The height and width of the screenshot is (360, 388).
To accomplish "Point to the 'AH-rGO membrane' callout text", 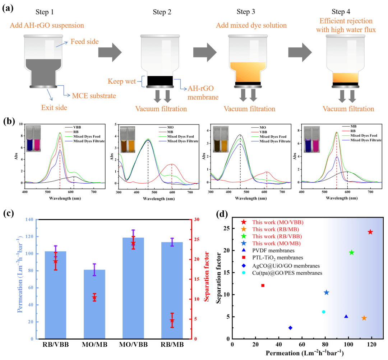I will click(x=204, y=93).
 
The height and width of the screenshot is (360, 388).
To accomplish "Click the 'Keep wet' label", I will click(x=122, y=81).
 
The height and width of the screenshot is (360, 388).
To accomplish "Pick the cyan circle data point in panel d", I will click(x=324, y=312).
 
